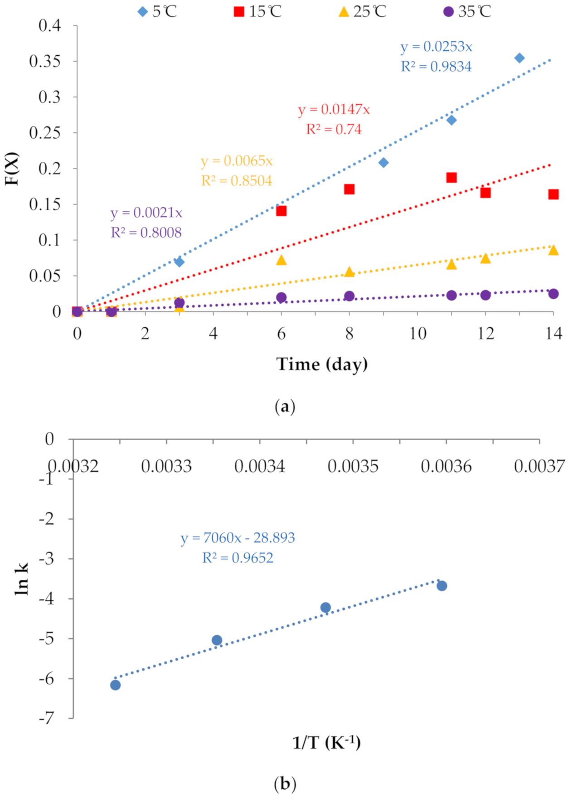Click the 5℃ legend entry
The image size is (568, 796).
tap(157, 11)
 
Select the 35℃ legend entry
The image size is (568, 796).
tap(467, 11)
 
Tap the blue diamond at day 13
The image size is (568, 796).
tap(519, 58)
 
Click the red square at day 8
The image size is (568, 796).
tap(349, 189)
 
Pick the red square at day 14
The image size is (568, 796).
tap(553, 194)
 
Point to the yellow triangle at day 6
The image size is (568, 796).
tap(282, 260)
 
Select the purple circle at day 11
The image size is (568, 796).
tap(451, 296)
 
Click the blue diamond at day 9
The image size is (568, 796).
tap(384, 163)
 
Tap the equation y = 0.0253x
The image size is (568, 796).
tap(436, 47)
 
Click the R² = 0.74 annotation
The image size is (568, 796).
tap(334, 129)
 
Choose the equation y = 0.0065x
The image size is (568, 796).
tap(237, 161)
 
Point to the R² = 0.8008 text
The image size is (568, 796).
tap(146, 233)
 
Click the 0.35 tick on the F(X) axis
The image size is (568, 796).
tap(45, 61)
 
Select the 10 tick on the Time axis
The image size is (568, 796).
tap(418, 334)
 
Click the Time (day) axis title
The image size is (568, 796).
tap(322, 364)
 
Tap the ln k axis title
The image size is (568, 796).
tap(21, 579)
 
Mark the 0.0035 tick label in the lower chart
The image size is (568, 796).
tap(353, 466)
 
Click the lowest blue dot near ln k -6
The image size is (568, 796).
tap(116, 685)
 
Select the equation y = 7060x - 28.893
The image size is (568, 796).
tap(238, 538)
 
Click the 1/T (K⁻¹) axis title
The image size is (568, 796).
tap(326, 743)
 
